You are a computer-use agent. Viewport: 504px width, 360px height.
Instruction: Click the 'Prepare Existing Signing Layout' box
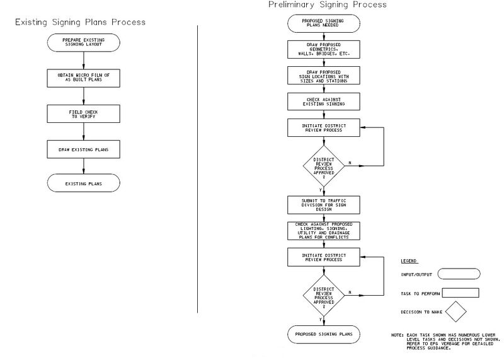(84, 42)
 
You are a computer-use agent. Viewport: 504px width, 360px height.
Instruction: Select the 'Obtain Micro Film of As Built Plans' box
(84, 78)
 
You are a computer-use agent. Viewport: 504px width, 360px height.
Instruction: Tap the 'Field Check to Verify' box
(84, 114)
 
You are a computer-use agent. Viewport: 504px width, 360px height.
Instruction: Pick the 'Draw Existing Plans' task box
(84, 149)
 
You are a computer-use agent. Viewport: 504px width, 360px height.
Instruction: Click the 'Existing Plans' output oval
(84, 183)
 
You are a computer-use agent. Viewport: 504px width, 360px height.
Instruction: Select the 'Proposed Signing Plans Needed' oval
(324, 23)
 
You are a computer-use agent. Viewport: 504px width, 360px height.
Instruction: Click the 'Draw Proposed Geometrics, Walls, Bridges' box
(324, 50)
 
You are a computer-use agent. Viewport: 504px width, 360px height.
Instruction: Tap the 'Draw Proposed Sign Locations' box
(324, 76)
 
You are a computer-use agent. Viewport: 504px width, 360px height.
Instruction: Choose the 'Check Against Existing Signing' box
(324, 102)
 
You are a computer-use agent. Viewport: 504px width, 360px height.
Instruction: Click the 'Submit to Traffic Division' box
(324, 205)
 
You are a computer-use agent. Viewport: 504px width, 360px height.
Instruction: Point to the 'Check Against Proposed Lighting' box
(324, 231)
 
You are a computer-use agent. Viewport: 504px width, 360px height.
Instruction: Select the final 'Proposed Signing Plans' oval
(324, 334)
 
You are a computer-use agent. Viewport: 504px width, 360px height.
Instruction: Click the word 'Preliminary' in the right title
(291, 5)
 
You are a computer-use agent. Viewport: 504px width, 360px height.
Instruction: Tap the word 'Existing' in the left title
(31, 23)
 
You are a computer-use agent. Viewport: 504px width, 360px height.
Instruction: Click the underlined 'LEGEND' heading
(409, 261)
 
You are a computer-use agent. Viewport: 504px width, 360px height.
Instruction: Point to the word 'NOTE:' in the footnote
(398, 335)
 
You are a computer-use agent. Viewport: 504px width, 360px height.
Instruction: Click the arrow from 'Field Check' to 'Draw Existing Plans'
(84, 132)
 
